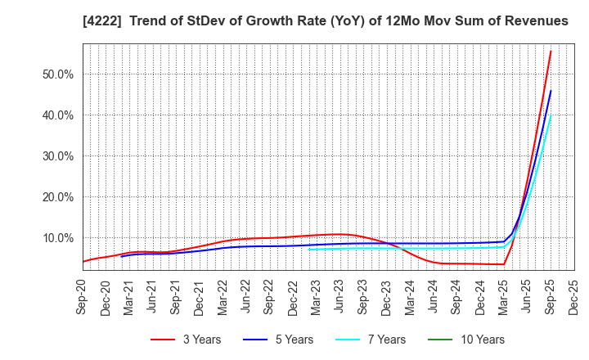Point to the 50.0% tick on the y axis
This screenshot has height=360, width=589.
57,74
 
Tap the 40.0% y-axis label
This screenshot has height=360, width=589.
57,115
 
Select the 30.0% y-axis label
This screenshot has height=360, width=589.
57,156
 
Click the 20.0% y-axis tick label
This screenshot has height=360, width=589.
57,197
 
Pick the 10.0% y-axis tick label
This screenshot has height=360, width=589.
57,238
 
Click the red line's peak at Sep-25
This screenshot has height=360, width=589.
551,52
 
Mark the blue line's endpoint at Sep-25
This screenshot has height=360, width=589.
551,91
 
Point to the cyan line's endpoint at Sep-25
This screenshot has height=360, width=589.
551,115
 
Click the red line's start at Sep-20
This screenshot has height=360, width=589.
83,262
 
